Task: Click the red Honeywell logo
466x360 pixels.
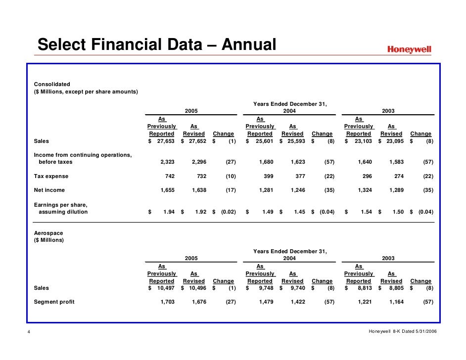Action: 409,49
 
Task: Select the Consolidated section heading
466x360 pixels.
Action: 52,84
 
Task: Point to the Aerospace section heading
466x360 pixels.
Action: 48,232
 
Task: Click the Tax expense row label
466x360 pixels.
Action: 51,176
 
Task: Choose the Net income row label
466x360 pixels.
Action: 49,190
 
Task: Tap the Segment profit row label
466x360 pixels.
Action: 54,302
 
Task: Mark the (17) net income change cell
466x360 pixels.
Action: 231,190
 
